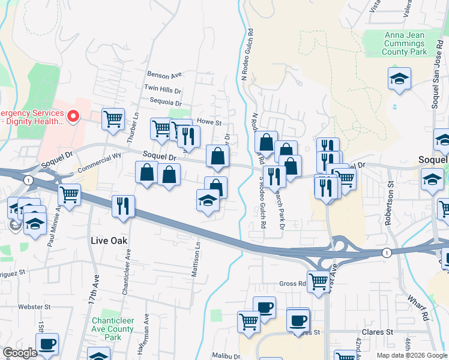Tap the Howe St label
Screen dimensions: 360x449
pyautogui.click(x=209, y=122)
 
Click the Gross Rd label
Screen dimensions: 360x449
pyautogui.click(x=293, y=283)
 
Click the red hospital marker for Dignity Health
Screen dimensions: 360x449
pyautogui.click(x=74, y=116)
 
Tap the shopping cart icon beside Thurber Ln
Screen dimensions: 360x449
pyautogui.click(x=113, y=119)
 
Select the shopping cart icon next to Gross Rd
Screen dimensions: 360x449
pyautogui.click(x=318, y=280)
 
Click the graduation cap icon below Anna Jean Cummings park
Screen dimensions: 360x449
pyautogui.click(x=399, y=79)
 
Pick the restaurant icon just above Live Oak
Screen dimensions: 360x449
pyautogui.click(x=122, y=206)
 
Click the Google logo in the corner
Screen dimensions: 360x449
pyautogui.click(x=20, y=353)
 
